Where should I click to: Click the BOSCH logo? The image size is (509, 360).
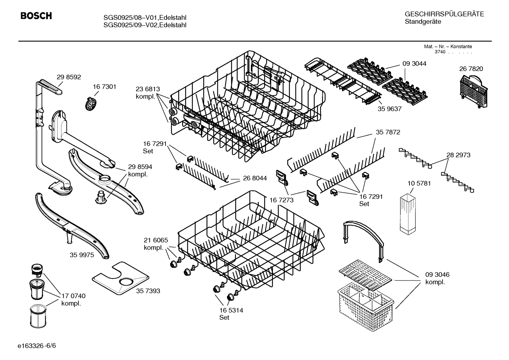tap(36, 16)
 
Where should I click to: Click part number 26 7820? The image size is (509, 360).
tap(471, 69)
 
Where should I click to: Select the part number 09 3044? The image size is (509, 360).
tap(414, 64)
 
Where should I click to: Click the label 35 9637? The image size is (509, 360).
tap(389, 109)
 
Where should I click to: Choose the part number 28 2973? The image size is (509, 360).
tap(458, 155)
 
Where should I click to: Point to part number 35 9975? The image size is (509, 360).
tap(82, 255)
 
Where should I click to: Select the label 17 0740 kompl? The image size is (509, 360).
tap(73, 300)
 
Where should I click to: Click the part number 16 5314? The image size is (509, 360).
tap(231, 310)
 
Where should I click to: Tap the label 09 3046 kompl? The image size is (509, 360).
tap(437, 278)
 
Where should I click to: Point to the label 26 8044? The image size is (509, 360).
tap(255, 178)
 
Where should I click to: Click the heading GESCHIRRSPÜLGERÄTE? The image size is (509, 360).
tap(444, 14)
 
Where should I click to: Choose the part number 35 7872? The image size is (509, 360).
tap(388, 132)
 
